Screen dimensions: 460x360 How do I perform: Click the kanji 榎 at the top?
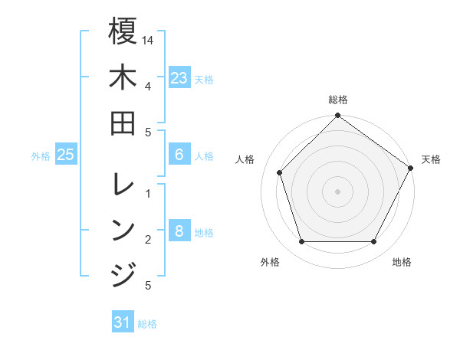[123, 31]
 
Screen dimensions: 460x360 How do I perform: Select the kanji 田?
[123, 122]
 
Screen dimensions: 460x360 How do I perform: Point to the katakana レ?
[123, 184]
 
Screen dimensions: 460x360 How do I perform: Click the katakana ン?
[123, 229]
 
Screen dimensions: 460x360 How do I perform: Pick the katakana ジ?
[123, 273]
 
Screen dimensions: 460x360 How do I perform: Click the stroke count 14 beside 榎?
[149, 39]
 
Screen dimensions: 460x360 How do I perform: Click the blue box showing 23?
[179, 78]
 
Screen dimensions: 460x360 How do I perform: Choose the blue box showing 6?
[179, 155]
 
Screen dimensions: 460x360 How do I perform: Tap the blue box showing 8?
[179, 231]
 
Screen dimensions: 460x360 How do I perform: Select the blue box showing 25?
[65, 155]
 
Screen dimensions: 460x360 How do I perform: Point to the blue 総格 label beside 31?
[147, 324]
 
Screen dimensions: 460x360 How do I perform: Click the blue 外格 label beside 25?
[41, 156]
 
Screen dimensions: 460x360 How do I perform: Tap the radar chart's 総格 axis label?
[337, 100]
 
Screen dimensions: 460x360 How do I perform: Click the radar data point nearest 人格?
[280, 172]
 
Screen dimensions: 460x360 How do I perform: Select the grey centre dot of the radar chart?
[337, 191]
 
